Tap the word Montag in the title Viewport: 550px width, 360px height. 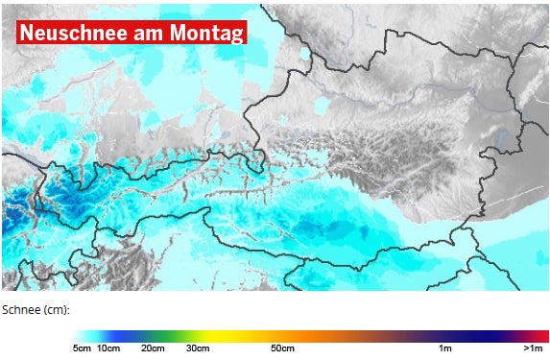coord(204,32)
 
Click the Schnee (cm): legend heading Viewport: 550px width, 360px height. coord(36,310)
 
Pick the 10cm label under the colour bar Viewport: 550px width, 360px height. coord(108,348)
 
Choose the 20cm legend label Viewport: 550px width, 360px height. coord(153,348)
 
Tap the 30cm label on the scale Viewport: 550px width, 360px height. coord(198,348)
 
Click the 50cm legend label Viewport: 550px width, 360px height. coord(281,348)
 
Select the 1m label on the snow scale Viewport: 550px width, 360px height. coord(445,348)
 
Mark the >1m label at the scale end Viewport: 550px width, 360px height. coord(534,348)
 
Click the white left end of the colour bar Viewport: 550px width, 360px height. coord(78,335)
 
